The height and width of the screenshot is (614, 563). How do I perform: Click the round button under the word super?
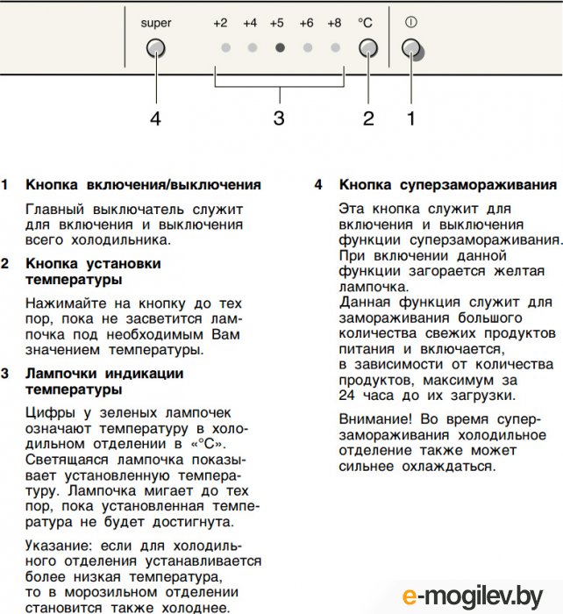(155, 47)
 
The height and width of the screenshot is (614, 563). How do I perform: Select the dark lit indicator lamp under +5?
(279, 48)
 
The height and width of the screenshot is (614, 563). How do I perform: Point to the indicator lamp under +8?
(334, 48)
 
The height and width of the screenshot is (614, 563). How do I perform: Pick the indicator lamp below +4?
(251, 48)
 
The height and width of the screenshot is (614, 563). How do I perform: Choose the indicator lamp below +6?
(307, 48)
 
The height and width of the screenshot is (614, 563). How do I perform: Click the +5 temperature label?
(278, 23)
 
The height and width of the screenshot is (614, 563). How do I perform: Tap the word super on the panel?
(155, 23)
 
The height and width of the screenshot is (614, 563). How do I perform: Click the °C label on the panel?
(366, 23)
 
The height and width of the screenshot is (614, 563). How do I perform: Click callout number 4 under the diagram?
(155, 118)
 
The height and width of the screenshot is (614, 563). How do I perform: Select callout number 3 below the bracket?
(279, 118)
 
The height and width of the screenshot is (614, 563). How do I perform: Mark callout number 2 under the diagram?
(368, 118)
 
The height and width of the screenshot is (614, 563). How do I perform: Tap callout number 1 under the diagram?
(410, 118)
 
